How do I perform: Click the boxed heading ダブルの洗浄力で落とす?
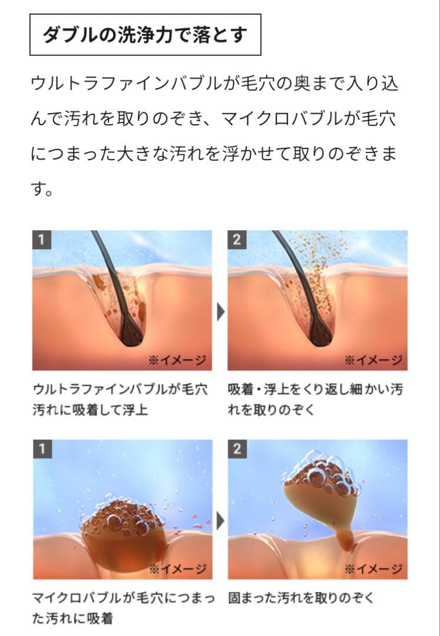tap(145, 35)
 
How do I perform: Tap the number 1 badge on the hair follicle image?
tap(42, 239)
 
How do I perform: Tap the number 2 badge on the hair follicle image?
tap(237, 239)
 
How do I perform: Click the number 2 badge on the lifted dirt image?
tap(237, 449)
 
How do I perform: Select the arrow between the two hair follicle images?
tap(221, 312)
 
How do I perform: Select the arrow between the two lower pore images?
tap(221, 521)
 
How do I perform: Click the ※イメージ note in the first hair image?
tap(178, 360)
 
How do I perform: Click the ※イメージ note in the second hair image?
tap(373, 360)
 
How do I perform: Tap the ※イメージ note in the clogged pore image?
tap(178, 569)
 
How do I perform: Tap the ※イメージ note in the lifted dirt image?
tap(373, 569)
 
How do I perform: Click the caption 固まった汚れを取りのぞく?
tap(300, 598)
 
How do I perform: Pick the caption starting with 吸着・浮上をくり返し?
tap(316, 399)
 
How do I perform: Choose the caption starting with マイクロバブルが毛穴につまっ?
tap(123, 608)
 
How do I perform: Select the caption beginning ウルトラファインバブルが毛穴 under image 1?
tap(120, 399)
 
